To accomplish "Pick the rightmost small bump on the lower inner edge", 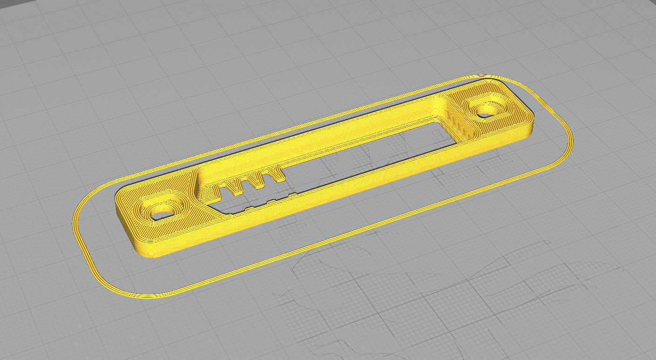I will (x=292, y=195).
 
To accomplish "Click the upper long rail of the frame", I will (x=326, y=135).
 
